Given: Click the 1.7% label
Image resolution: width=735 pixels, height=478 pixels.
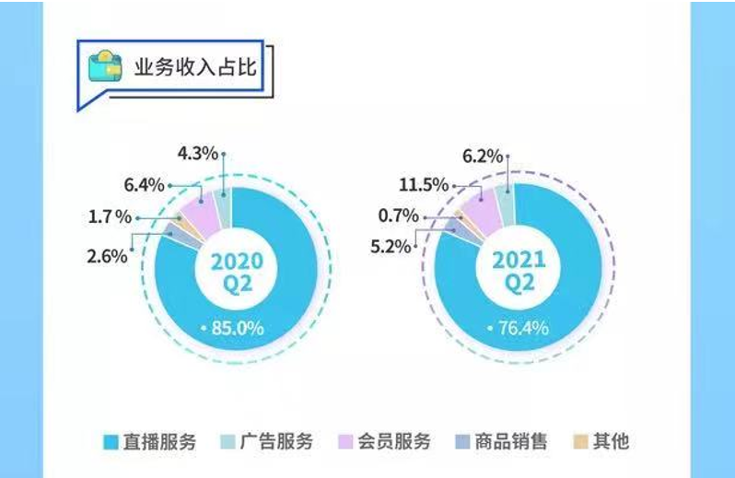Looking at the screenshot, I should [109, 219].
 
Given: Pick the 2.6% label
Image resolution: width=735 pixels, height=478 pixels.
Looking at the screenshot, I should [105, 255].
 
